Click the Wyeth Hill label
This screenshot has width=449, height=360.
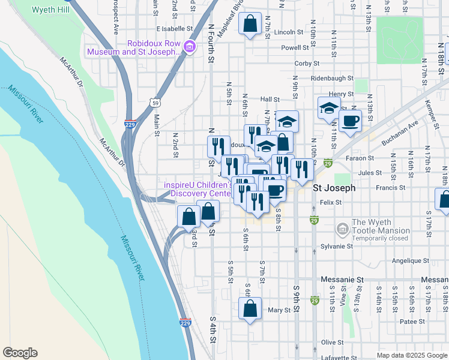(x=50, y=10)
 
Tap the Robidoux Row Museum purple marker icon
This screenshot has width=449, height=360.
(x=190, y=46)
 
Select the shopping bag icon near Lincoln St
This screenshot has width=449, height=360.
(x=250, y=25)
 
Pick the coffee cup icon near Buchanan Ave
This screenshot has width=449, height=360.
(x=350, y=121)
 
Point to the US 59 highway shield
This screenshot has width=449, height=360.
(x=155, y=103)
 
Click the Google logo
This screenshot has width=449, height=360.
(x=20, y=353)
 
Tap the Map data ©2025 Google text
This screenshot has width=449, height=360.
(x=412, y=355)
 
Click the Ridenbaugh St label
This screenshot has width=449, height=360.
(x=333, y=79)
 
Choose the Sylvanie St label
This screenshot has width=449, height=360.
(x=337, y=246)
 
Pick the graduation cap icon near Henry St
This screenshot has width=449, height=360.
(x=328, y=108)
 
